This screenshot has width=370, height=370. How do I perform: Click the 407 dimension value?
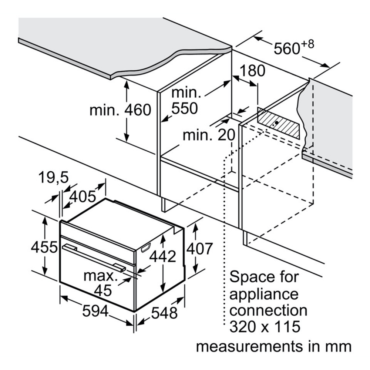tap(200, 249)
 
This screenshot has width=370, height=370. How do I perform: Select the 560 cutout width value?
tap(286, 48)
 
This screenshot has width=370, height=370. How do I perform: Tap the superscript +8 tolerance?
tap(307, 44)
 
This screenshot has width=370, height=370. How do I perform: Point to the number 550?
tap(184, 108)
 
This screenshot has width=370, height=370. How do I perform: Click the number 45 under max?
tap(103, 290)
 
